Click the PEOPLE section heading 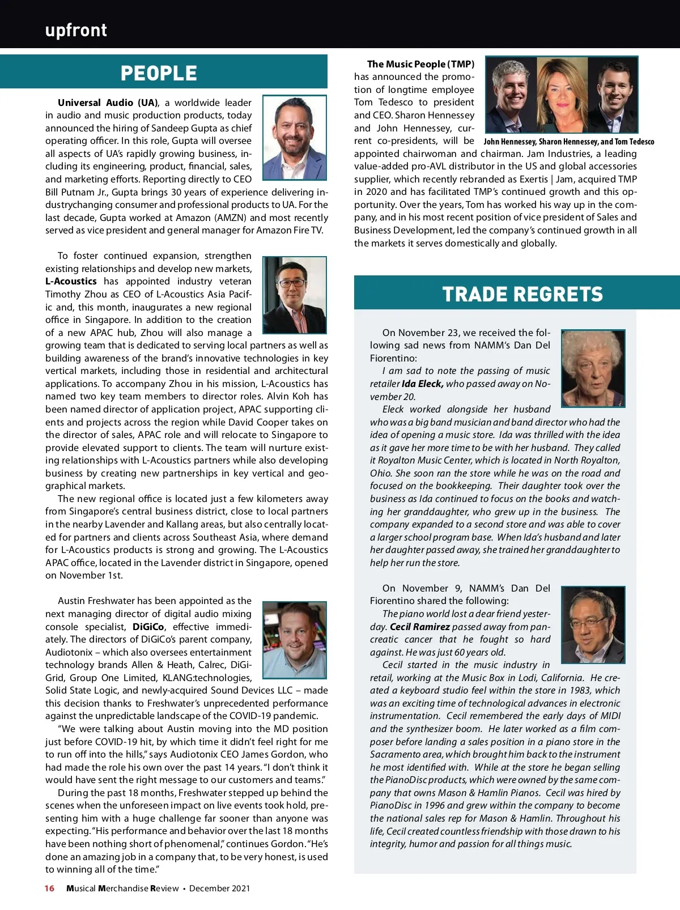click(x=159, y=73)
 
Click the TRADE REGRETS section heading click(x=522, y=294)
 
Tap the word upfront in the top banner click(x=76, y=30)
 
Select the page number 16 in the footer click(x=50, y=888)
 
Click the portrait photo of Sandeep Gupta click(x=295, y=138)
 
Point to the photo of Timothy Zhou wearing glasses click(x=295, y=295)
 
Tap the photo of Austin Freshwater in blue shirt click(x=295, y=640)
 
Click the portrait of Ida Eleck click(x=593, y=368)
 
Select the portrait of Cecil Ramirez click(x=593, y=624)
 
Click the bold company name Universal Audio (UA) click(x=107, y=103)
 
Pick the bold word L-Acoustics click(x=71, y=281)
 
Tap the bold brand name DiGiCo click(x=148, y=627)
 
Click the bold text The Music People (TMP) click(x=420, y=64)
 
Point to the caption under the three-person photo click(x=568, y=142)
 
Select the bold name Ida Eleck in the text click(x=422, y=384)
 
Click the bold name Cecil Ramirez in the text click(x=419, y=627)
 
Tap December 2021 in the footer click(x=219, y=888)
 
